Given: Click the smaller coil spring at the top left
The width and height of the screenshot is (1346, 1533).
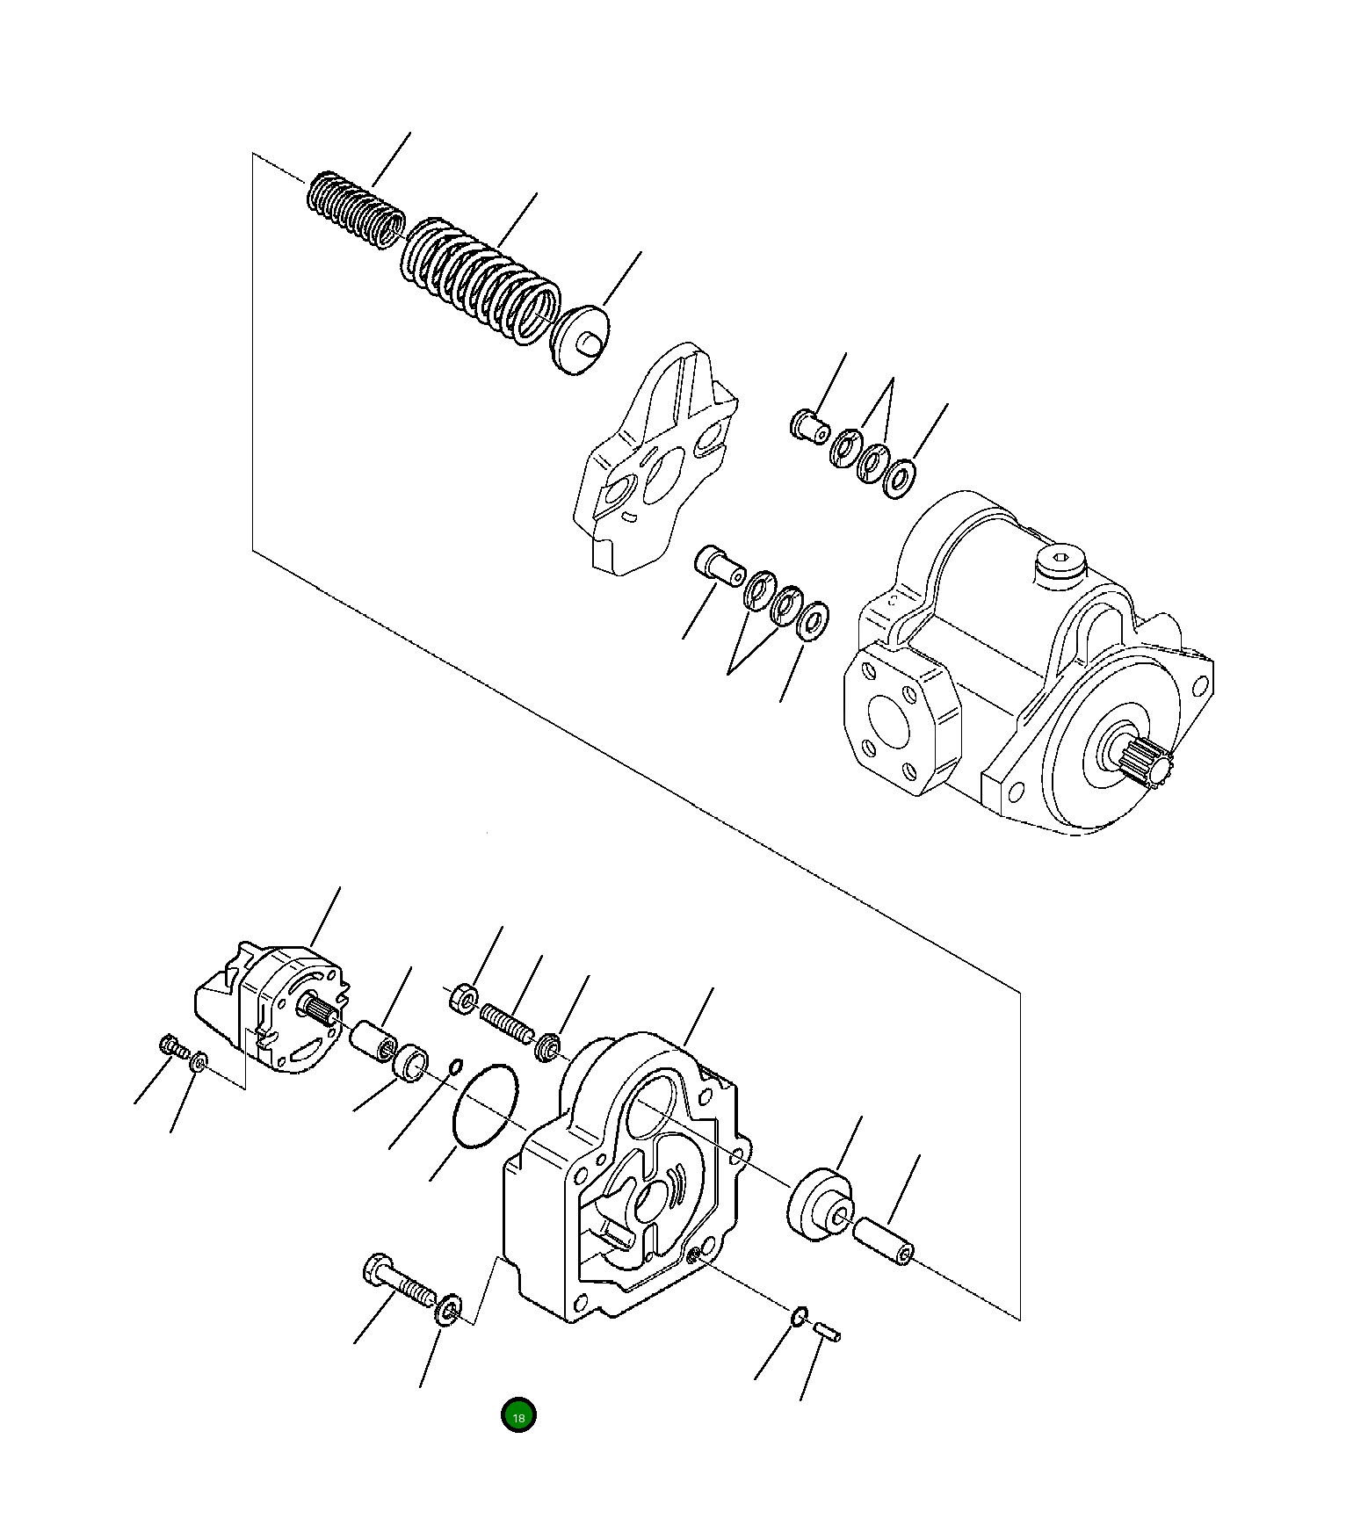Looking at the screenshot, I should (356, 211).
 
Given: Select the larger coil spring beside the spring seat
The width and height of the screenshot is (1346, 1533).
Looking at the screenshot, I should (481, 279).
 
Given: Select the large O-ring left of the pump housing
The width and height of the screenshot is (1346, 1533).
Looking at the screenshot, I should (485, 1106).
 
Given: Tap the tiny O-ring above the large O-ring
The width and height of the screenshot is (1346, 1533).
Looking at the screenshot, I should (455, 1067).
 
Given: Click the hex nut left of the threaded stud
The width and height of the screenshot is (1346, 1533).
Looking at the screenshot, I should (464, 1000).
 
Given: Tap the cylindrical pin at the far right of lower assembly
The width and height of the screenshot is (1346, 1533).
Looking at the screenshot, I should (885, 1240).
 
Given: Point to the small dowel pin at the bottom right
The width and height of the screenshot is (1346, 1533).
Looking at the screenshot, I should (828, 1332).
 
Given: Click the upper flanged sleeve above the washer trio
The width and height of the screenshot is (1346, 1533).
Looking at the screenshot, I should (809, 426).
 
